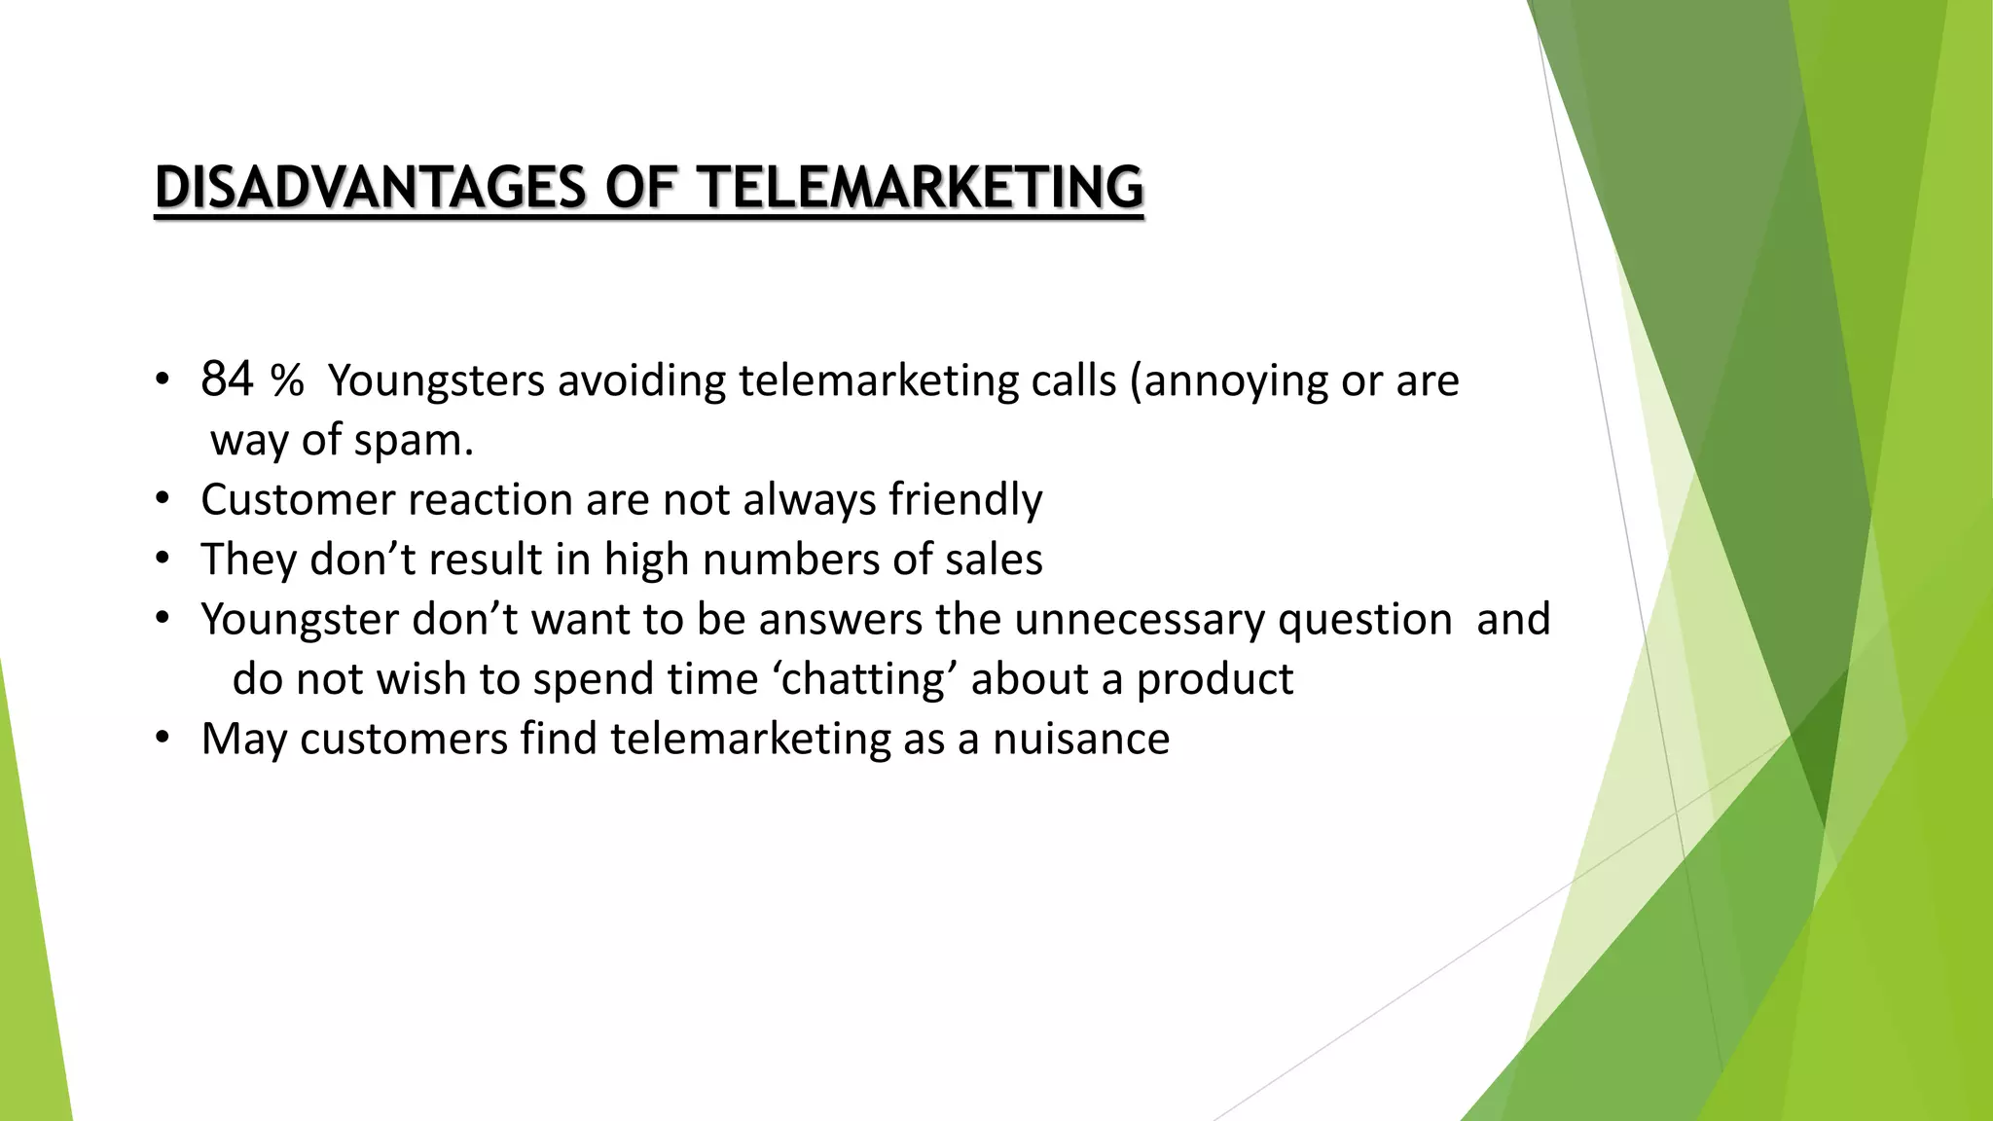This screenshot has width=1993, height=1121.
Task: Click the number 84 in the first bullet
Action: [x=227, y=380]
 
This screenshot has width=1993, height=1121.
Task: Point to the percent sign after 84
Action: [x=287, y=381]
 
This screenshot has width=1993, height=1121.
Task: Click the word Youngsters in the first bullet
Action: [x=436, y=381]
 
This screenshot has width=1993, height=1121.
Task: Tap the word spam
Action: [x=413, y=441]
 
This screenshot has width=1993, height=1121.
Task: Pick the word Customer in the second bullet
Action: [x=298, y=500]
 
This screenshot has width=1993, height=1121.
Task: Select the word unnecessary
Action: [x=1139, y=620]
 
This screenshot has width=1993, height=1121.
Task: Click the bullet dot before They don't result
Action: [x=163, y=560]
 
